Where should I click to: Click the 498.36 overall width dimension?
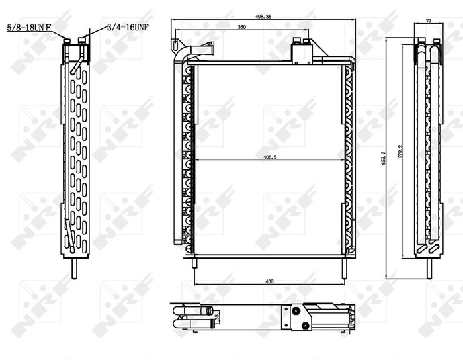click(263, 18)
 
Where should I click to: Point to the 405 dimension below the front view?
click(269, 281)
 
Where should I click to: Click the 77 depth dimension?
click(428, 21)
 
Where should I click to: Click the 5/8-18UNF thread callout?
click(28, 27)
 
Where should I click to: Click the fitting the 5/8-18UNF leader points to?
click(67, 44)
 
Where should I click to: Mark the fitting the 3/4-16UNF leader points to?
click(81, 44)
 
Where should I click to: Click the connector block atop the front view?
click(302, 52)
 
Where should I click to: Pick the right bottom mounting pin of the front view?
click(344, 267)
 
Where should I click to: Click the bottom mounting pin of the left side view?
click(73, 268)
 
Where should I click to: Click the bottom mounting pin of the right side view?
click(429, 268)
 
